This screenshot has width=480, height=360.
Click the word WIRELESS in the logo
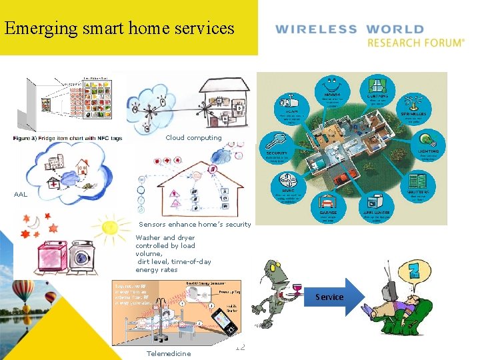316,29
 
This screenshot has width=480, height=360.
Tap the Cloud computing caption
193,138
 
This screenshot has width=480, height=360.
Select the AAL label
21,194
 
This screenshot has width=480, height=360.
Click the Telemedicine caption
168,353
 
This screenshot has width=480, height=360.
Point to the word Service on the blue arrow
329,297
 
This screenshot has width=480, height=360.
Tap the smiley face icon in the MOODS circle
331,86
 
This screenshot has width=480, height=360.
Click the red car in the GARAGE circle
327,201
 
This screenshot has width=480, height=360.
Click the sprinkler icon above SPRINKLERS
418,101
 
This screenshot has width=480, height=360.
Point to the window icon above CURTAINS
377,86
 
